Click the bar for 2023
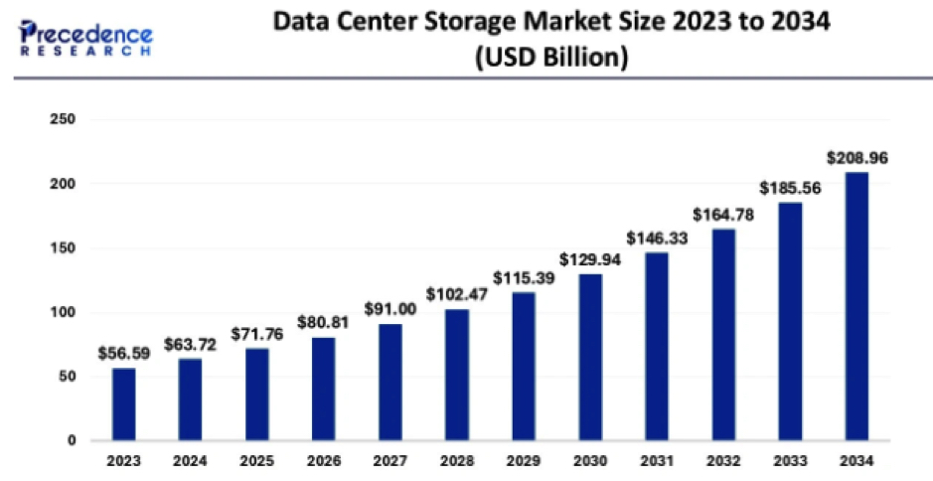(x=123, y=404)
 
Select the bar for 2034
(x=855, y=306)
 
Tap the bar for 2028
(x=456, y=375)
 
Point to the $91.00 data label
(x=389, y=308)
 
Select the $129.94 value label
(x=589, y=258)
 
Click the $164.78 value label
(x=722, y=214)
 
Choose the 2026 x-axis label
(x=323, y=461)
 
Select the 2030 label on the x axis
(x=589, y=461)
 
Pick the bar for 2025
(x=256, y=395)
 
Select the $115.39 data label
(x=523, y=276)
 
